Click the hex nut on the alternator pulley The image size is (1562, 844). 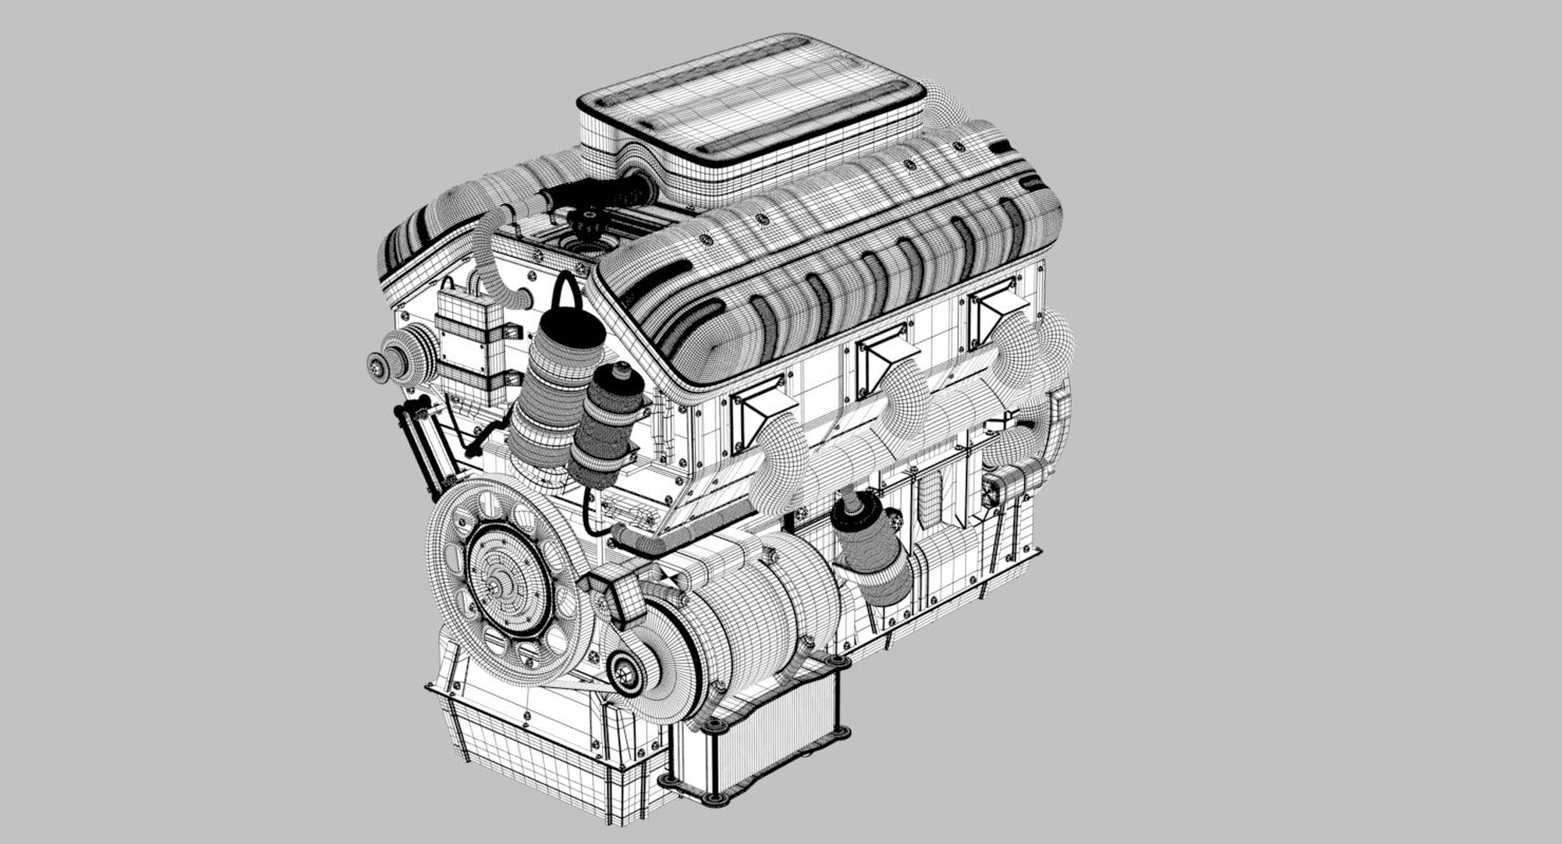pyautogui.click(x=625, y=673)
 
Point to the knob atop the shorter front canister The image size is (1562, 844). pyautogui.click(x=622, y=371)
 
